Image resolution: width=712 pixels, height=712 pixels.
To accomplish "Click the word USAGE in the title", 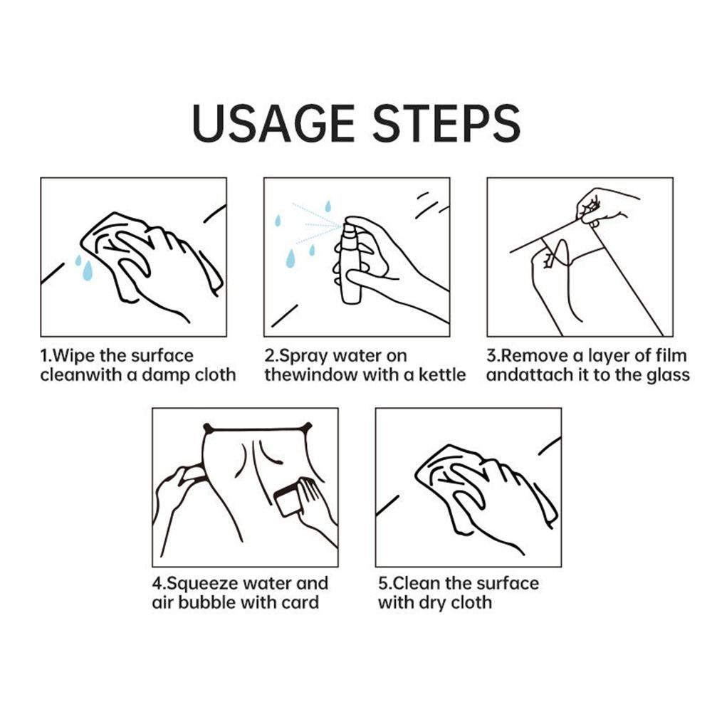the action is tap(273, 123).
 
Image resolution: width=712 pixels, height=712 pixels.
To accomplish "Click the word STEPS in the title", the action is tap(446, 123).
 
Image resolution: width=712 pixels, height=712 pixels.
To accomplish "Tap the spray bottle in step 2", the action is tap(351, 261).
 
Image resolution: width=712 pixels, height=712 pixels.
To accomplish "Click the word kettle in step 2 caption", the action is tap(442, 375).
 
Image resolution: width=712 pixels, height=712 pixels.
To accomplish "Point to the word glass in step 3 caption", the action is tap(668, 376).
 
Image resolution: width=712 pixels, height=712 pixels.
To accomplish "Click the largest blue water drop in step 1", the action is tap(88, 271).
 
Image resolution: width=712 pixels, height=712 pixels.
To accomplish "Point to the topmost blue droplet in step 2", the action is tap(328, 206).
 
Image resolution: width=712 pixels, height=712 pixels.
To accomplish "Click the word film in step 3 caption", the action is tap(671, 355).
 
